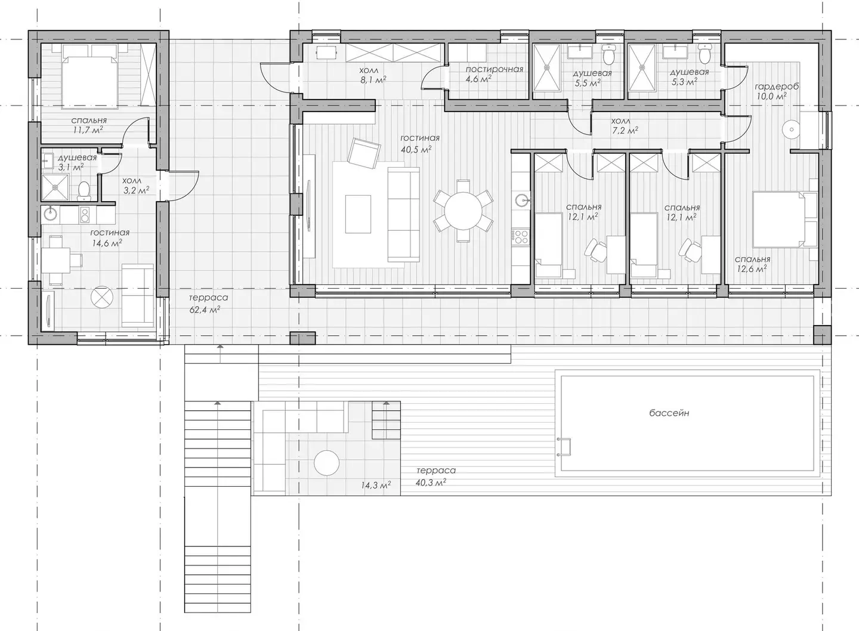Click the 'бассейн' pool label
point(669,413)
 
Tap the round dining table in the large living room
point(464,211)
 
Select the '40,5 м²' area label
point(416,149)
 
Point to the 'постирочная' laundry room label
point(495,69)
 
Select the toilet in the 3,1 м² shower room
point(84,190)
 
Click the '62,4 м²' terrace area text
point(205,309)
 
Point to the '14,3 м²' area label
point(375,485)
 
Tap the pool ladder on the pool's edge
point(564,447)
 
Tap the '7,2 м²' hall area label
point(625,131)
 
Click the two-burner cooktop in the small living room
point(84,215)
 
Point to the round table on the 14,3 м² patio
point(326,463)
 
